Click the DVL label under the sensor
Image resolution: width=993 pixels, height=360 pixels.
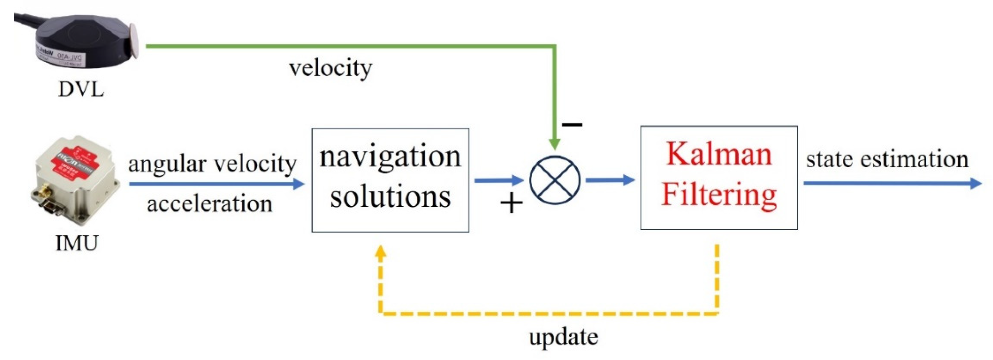(81, 89)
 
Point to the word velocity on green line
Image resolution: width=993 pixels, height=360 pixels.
(331, 68)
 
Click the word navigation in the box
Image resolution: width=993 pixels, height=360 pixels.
(390, 157)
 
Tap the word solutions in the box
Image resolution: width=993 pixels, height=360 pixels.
(390, 197)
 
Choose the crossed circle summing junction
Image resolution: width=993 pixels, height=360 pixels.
(554, 180)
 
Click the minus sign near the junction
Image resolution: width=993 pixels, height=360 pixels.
(572, 124)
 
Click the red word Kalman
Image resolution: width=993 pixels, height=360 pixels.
(719, 154)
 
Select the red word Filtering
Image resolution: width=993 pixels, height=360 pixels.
(719, 195)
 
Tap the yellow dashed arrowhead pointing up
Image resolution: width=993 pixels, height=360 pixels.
(381, 252)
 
